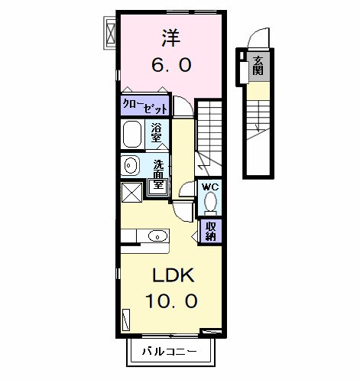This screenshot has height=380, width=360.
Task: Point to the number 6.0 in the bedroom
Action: tap(170, 66)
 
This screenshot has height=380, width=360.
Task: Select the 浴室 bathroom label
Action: tap(157, 132)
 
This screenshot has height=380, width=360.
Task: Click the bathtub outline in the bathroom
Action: tap(132, 133)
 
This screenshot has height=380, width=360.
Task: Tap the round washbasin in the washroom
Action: tap(130, 165)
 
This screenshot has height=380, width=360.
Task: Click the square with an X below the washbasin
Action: tap(131, 191)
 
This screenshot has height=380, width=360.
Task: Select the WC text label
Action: tap(210, 186)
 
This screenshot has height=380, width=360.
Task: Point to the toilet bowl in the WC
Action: tap(210, 203)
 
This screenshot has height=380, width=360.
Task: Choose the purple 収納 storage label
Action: tap(210, 230)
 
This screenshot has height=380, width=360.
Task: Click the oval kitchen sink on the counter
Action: tap(156, 235)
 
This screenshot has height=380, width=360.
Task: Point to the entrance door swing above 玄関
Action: tap(256, 38)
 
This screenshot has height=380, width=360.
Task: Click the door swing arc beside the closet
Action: tap(182, 106)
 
